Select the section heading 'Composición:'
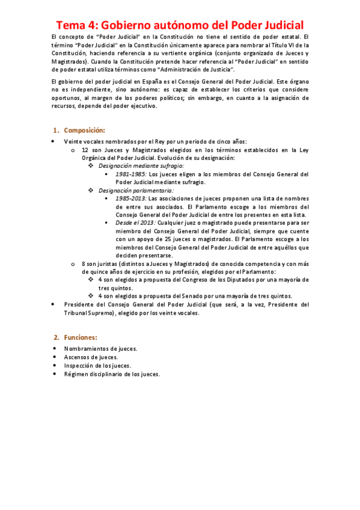click(84, 131)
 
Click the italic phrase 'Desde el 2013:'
click(135, 222)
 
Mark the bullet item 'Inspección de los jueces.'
click(97, 365)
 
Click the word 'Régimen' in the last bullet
click(76, 373)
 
